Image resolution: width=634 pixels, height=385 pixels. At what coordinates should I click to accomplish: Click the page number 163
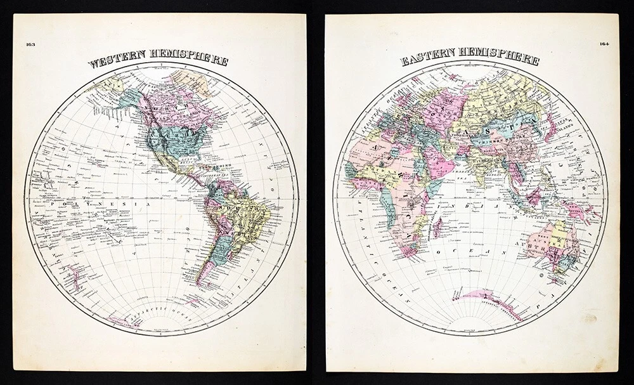[30, 44]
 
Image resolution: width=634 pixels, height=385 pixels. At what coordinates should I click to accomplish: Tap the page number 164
[603, 44]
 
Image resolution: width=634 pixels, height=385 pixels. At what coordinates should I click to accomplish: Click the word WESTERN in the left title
[117, 62]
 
